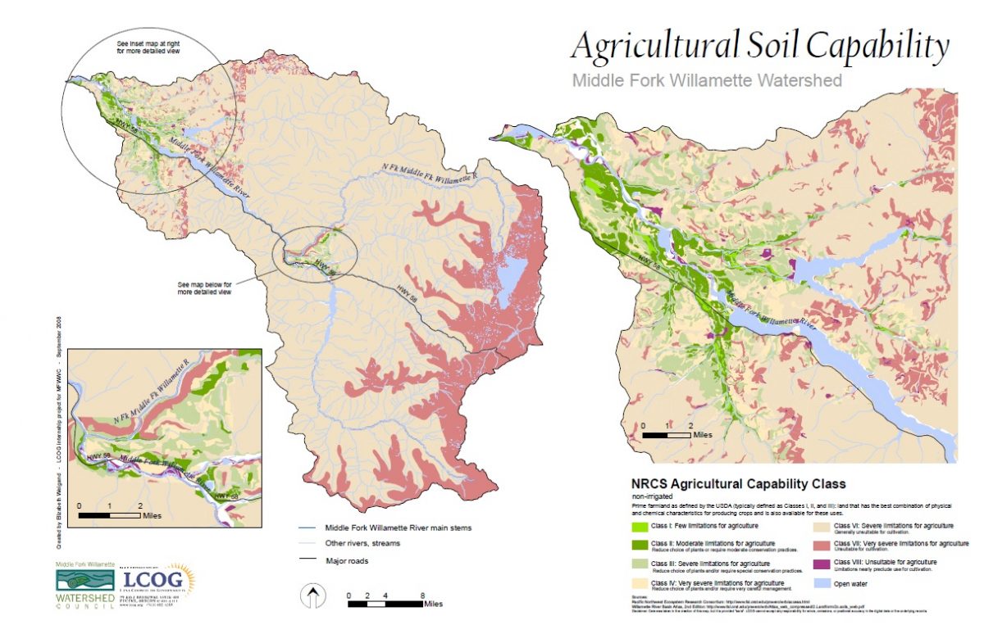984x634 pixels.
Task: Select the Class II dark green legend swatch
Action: [x=639, y=545]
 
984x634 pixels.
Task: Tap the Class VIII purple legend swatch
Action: [x=822, y=564]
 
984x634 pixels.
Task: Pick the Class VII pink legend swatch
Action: [x=822, y=545]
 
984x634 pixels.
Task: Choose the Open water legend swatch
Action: [x=822, y=583]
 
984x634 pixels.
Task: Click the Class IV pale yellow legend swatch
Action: [x=639, y=584]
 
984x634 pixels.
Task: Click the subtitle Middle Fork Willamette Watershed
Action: [x=707, y=80]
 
